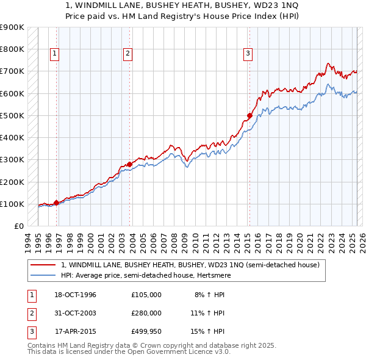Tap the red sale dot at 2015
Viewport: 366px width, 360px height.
249,115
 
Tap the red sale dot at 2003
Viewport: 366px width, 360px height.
130,164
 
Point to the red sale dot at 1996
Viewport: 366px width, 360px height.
57,203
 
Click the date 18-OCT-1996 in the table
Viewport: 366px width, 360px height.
76,295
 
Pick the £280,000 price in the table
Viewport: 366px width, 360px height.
146,313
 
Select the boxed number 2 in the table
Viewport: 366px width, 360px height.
30,313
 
